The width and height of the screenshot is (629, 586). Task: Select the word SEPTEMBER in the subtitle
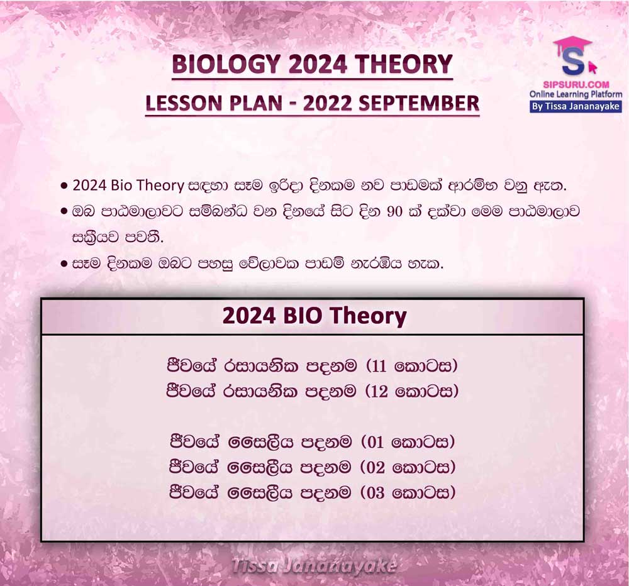pos(419,103)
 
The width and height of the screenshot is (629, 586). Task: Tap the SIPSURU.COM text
pos(576,85)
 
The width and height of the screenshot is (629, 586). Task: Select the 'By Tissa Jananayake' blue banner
pos(576,107)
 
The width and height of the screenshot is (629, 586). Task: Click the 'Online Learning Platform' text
pos(576,95)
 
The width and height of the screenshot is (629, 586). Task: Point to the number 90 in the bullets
pos(395,212)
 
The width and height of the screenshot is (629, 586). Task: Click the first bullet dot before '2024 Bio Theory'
pos(64,186)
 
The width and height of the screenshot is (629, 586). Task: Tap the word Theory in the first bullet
pos(163,185)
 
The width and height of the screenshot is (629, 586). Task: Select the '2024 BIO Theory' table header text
pos(314,316)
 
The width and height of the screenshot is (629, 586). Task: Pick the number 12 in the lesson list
pos(379,392)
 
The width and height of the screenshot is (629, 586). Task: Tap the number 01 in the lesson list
pos(376,442)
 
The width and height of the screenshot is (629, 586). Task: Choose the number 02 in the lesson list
pos(376,467)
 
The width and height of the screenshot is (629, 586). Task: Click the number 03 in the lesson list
pos(376,492)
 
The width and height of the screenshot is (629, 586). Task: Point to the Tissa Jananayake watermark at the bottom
pos(314,567)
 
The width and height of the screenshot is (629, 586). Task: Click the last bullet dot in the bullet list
pos(64,264)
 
